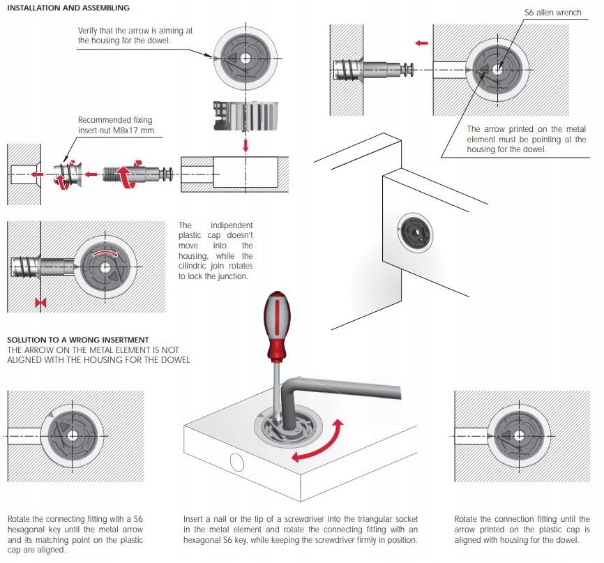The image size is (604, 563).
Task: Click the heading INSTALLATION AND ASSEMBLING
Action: (68, 8)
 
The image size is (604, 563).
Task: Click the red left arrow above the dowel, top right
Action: (422, 43)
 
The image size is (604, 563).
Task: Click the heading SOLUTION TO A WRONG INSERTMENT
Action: (79, 340)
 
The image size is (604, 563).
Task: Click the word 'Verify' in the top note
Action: (90, 31)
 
